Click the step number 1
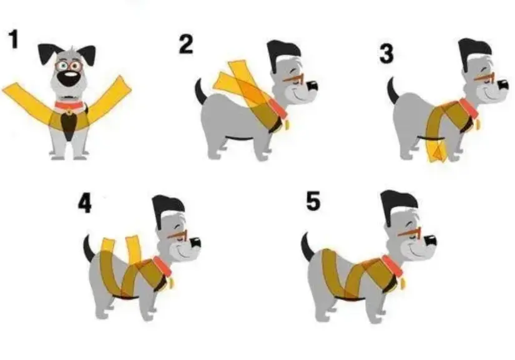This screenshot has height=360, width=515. coord(14,39)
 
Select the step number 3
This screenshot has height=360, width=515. coord(386,54)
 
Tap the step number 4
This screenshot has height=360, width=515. coord(84,203)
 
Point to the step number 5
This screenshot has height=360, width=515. coord(313,201)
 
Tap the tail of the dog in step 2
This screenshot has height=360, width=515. coord(200,91)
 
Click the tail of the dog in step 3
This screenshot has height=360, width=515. coord(392,90)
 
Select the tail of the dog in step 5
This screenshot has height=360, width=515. coord(307,247)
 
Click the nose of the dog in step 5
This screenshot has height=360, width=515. coord(431,241)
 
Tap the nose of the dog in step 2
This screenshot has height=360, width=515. coord(312,85)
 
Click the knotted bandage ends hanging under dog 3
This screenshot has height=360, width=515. coord(437,151)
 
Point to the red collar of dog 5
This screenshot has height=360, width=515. coord(392,266)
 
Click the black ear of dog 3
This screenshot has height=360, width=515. coord(474,52)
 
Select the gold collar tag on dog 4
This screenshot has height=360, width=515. coord(172,283)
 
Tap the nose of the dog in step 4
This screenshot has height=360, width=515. coord(195,243)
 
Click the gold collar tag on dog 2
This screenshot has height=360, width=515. coord(287,125)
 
